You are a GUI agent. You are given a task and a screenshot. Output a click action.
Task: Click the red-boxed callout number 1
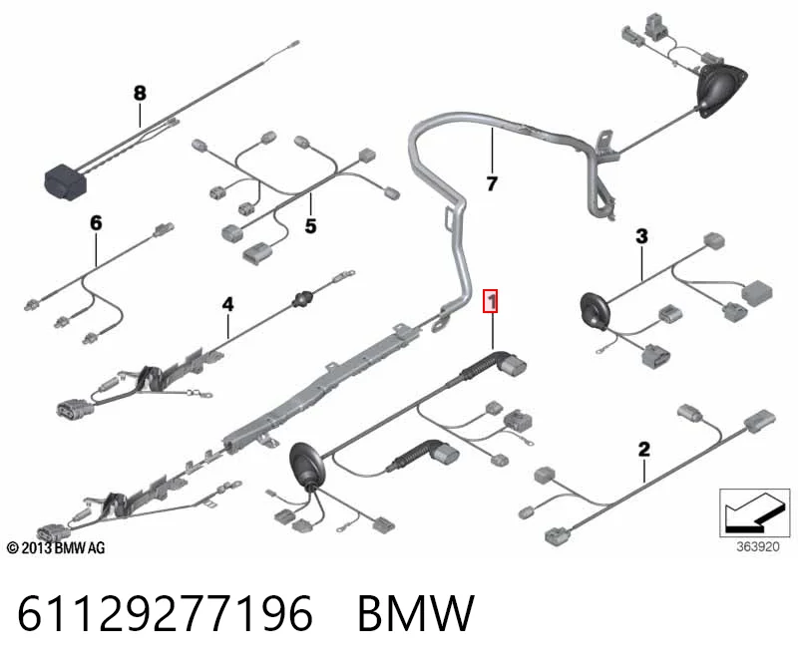point(491,301)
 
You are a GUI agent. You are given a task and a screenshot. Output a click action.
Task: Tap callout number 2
point(643,450)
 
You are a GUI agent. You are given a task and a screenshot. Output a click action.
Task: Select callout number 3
point(641,236)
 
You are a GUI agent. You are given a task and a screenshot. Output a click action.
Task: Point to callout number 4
point(227,304)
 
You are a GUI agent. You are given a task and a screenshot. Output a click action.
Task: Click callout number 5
point(310,226)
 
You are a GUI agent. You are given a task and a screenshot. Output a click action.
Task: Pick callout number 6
point(96,222)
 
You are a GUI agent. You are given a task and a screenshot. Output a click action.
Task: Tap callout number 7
point(492,183)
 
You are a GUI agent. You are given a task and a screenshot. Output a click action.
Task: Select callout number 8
point(140,93)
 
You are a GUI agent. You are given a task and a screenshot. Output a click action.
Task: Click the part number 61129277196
point(165,613)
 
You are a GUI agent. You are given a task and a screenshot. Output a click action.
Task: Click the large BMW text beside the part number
point(416,613)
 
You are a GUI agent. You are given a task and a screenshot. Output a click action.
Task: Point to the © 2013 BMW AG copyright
point(56,548)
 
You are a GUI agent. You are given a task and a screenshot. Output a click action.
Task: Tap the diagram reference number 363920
point(758,547)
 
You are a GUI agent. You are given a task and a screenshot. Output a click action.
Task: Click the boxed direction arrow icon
point(755,512)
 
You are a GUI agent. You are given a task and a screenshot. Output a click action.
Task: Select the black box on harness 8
point(66,182)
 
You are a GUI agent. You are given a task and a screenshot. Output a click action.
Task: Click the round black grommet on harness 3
point(595,311)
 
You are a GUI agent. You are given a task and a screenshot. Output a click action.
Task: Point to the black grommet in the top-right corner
point(722,91)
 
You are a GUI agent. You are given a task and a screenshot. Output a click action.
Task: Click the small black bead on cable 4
point(302,299)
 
